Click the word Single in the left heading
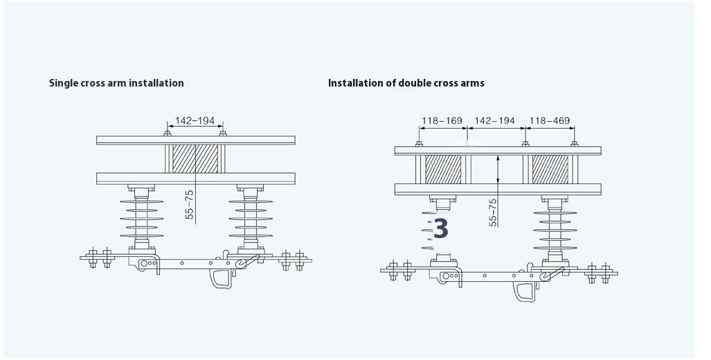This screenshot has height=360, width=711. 64,83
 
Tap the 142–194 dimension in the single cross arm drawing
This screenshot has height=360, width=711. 195,120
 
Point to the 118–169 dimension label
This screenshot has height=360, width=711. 442,120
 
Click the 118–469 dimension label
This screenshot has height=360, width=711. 550,120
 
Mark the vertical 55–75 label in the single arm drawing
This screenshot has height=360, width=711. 189,205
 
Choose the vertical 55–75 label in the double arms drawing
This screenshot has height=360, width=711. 492,212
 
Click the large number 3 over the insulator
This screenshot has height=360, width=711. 441,228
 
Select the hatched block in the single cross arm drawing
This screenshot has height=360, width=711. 195,159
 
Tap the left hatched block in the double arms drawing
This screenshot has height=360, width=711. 442,170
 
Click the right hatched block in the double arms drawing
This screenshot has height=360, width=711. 550,170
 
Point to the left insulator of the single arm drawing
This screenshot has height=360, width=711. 142,218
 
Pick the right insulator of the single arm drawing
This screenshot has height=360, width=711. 249,218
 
